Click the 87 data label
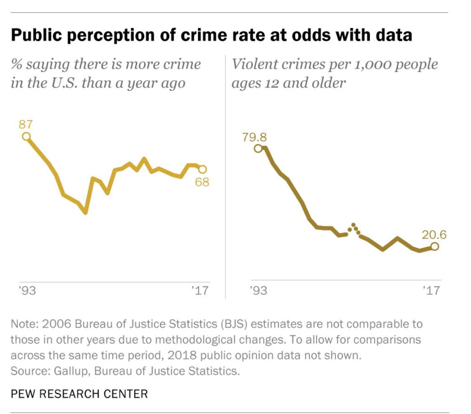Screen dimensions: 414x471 click(26, 124)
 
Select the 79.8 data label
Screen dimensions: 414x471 click(255, 137)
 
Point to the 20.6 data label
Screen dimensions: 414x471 click(434, 235)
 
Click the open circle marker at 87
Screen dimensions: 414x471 click(26, 136)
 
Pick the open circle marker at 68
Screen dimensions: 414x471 click(202, 169)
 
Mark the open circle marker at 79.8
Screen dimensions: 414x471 click(258, 148)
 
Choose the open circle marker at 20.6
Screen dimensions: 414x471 click(435, 247)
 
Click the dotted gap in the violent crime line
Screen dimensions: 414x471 click(355, 228)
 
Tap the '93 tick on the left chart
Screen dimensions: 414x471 click(28, 290)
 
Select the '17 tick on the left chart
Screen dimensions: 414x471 click(199, 290)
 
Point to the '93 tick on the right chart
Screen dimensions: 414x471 click(258, 290)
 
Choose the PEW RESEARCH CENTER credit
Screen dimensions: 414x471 click(79, 394)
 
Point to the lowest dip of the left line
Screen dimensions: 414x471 click(86, 212)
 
